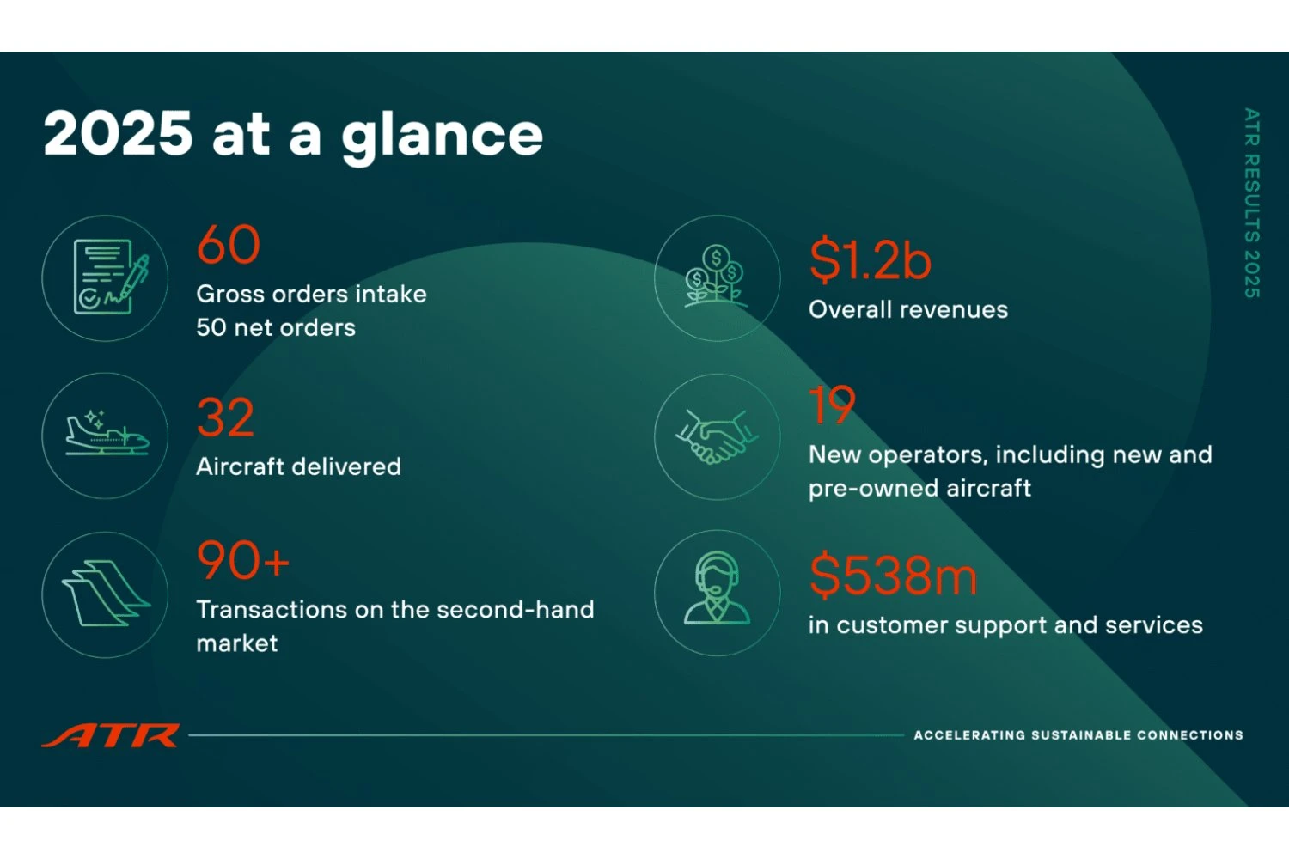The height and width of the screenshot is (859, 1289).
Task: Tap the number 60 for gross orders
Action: [229, 245]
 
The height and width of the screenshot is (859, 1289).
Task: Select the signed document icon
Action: [106, 277]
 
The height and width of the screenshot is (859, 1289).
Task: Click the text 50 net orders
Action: [276, 327]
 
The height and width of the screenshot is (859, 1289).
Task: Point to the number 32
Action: [225, 418]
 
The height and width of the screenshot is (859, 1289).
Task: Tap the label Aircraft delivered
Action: [298, 466]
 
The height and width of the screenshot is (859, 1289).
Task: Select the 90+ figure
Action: [243, 561]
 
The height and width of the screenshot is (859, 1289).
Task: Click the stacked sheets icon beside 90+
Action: [106, 594]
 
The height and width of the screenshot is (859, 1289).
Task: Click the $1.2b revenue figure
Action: [870, 260]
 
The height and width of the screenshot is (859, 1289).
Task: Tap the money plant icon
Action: [717, 277]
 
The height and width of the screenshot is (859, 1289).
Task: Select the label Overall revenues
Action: [908, 309]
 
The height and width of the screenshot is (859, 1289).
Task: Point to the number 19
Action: [832, 405]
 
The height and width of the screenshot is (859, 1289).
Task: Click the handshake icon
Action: [717, 436]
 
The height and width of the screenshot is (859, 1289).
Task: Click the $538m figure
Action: [893, 576]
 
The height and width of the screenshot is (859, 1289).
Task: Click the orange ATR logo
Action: [111, 736]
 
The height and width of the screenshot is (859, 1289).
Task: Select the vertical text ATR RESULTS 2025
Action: [1252, 203]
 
